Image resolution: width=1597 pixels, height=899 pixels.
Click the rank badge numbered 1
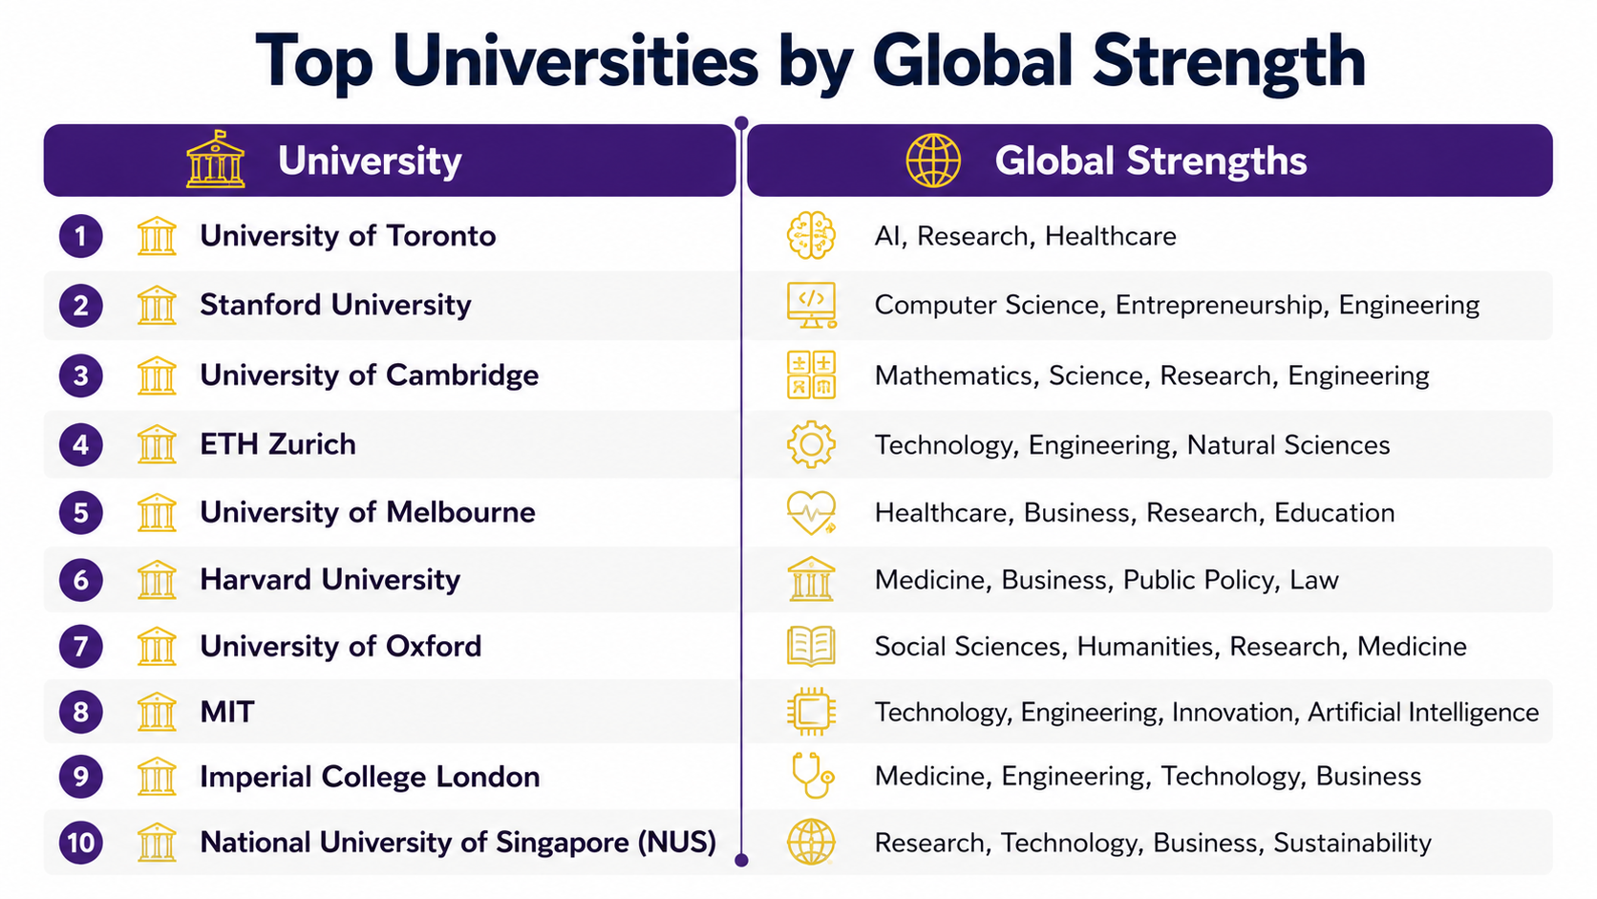80,236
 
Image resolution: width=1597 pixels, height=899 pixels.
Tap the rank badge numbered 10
80,843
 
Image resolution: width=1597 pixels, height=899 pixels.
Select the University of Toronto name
348,236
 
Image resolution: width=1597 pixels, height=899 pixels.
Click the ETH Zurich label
278,444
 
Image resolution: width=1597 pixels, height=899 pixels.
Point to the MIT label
227,712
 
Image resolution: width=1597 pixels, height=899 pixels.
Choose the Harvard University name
330,580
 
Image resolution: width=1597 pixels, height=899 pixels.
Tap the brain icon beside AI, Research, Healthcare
811,235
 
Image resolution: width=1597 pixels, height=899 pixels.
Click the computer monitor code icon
811,305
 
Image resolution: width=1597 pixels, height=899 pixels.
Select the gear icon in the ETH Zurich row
811,444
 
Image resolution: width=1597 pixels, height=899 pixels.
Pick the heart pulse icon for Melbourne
811,513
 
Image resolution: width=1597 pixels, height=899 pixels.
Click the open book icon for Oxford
811,646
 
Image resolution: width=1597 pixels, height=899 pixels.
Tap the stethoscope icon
813,776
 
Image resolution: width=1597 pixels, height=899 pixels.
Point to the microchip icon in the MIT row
811,712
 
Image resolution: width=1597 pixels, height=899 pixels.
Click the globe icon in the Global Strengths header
933,161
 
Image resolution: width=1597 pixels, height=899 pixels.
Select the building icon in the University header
215,159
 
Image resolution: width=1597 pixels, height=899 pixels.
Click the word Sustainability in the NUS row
1352,843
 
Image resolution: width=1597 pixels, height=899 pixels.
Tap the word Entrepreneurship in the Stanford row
1219,305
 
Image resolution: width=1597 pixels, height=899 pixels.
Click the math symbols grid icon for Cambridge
811,375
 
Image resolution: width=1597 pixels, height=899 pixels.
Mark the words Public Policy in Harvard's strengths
1199,580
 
